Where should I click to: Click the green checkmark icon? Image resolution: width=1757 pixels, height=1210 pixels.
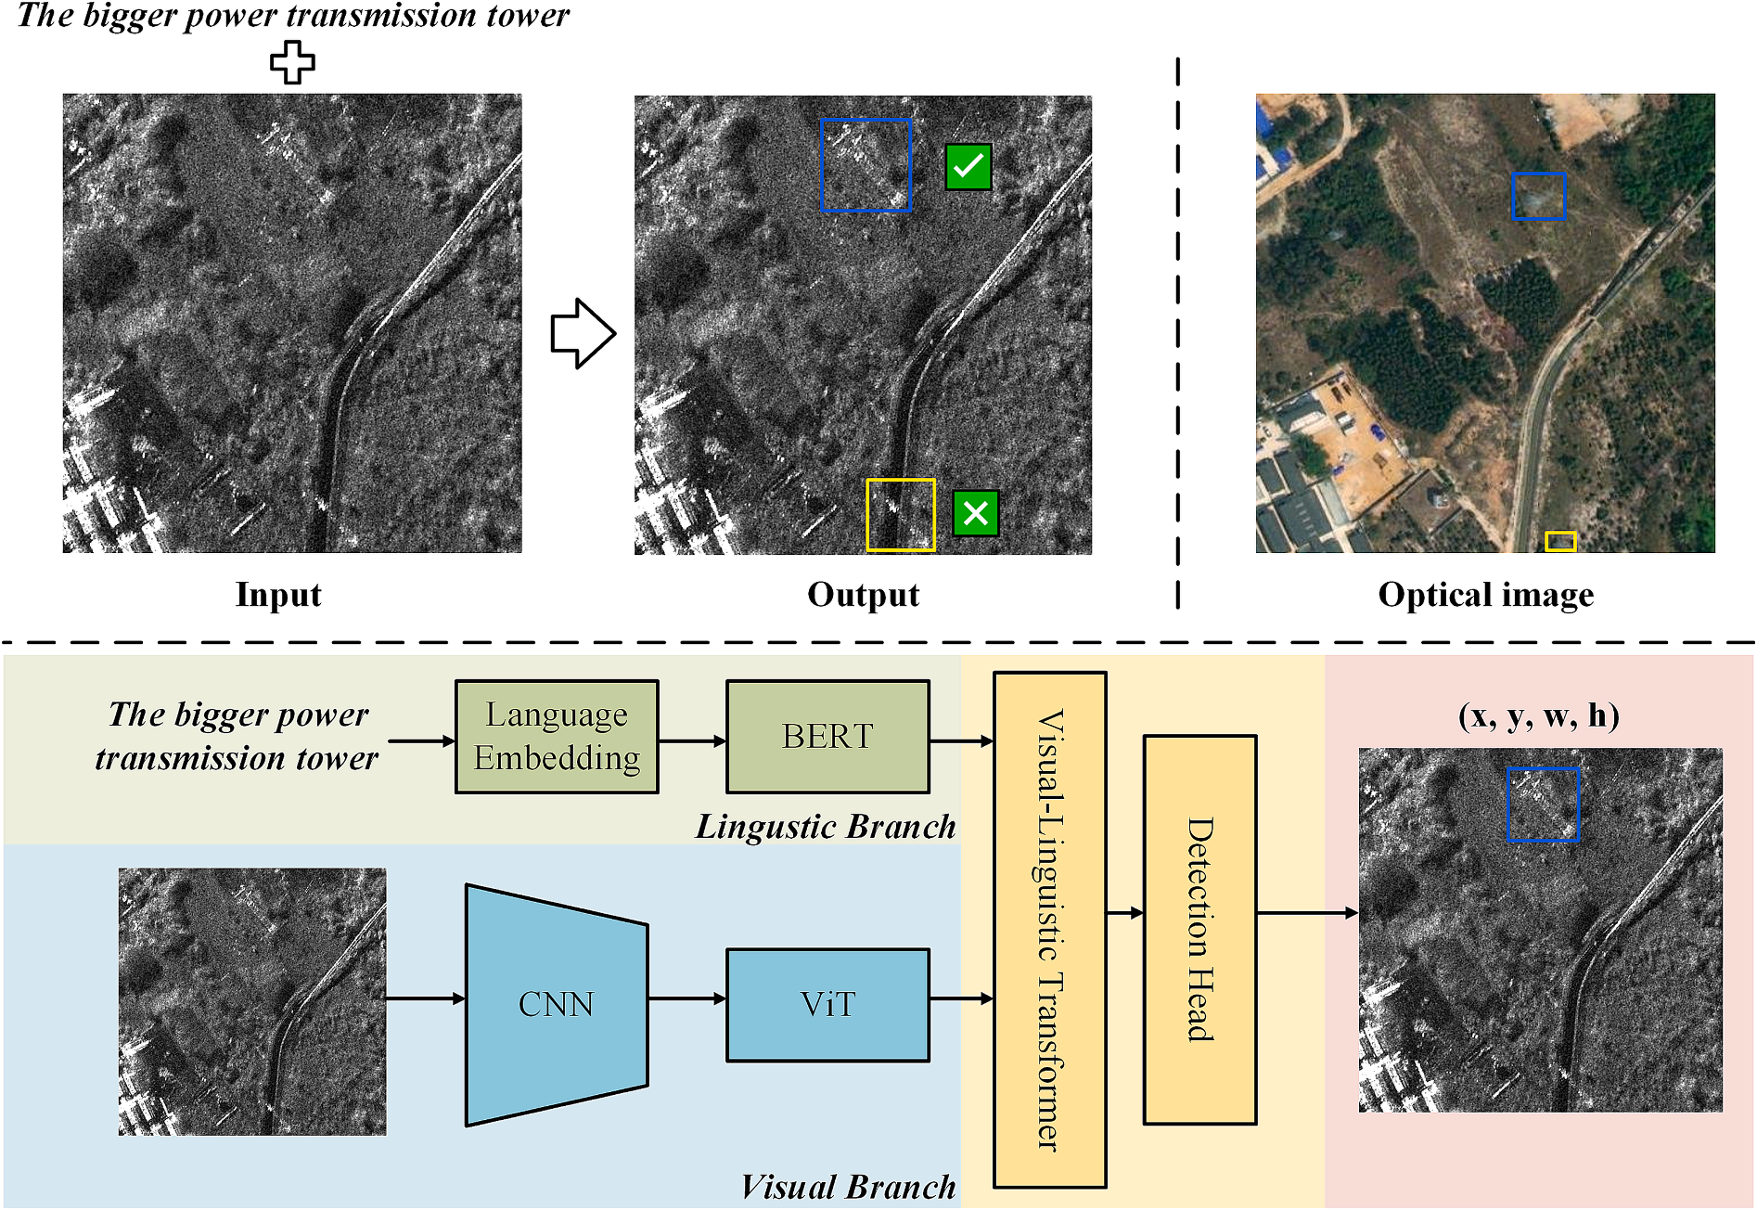tap(968, 167)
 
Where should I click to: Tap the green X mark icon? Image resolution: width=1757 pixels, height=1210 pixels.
tap(976, 513)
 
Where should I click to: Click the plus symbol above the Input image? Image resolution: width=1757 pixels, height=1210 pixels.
tap(292, 62)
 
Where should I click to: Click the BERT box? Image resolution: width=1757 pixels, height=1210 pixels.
tap(827, 737)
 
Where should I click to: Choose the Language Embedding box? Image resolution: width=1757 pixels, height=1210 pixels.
tap(557, 737)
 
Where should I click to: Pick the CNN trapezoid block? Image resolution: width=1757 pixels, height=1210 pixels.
tap(557, 1005)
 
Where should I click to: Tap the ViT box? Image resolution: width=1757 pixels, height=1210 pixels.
tap(827, 1005)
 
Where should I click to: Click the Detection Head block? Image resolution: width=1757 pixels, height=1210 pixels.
tap(1200, 930)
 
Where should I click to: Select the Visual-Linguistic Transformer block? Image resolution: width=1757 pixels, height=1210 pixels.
tap(1050, 930)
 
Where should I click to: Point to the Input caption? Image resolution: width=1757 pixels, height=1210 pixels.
tap(278, 595)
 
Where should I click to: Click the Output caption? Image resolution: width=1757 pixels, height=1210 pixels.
tap(864, 595)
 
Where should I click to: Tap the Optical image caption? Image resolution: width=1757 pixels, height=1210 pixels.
tap(1486, 595)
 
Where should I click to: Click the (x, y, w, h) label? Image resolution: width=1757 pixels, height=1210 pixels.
tap(1539, 715)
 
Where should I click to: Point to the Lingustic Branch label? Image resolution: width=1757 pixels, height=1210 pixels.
tap(826, 826)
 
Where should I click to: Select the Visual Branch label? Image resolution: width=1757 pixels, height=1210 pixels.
tap(849, 1187)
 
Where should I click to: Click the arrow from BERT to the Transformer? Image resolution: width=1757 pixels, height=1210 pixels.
tap(962, 741)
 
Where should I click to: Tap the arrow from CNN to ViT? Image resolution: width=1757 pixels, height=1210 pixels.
tap(687, 998)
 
